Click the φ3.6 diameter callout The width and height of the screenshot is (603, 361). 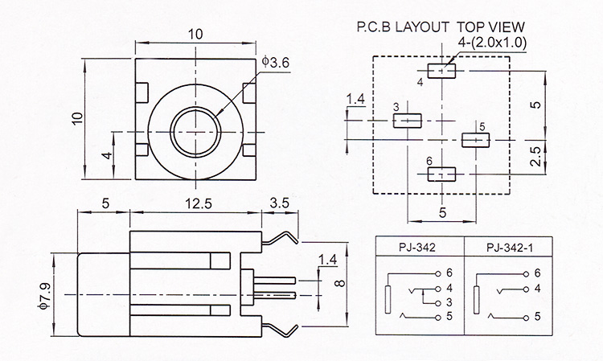(275, 62)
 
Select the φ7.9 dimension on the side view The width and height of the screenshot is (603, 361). (44, 295)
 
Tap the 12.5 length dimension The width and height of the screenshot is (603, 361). (199, 203)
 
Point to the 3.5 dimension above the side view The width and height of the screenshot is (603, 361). (280, 203)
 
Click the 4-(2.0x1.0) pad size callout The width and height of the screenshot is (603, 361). (492, 43)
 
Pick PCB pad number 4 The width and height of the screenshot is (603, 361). (441, 71)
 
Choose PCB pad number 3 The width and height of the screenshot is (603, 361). (408, 121)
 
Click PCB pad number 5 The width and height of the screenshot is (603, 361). (476, 140)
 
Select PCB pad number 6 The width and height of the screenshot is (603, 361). (441, 174)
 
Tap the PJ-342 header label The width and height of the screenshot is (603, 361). (417, 248)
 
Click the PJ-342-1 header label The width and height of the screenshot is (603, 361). (510, 248)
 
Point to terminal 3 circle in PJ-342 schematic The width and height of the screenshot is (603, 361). (438, 303)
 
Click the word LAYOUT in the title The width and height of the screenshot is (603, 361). (422, 27)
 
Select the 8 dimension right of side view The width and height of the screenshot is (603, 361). (340, 284)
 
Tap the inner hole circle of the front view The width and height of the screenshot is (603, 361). (196, 132)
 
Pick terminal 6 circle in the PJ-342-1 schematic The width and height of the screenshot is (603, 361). (526, 274)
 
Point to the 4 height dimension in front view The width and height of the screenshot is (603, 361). (108, 156)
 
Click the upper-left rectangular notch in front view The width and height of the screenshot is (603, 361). (142, 93)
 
